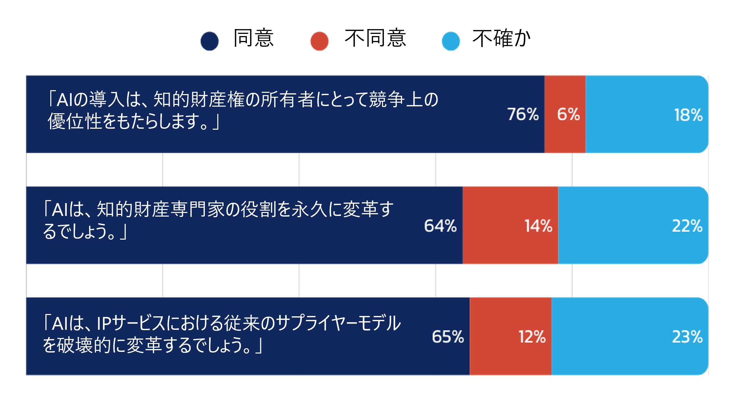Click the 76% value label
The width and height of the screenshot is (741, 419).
[x=523, y=114]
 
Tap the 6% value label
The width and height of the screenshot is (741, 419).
[x=568, y=114]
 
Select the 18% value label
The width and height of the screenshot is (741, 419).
[x=688, y=115]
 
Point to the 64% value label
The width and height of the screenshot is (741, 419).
[x=440, y=226]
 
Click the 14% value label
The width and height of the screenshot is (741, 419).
[x=538, y=226]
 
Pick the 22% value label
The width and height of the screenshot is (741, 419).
[x=687, y=226]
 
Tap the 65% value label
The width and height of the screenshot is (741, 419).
[x=448, y=337]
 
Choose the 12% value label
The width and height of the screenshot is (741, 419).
[x=532, y=337]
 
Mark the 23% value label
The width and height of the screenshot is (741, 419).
[x=687, y=337]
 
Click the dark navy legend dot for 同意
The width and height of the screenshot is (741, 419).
[x=209, y=41]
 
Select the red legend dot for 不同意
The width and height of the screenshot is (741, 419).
[x=319, y=41]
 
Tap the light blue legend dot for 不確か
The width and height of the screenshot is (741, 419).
[x=451, y=41]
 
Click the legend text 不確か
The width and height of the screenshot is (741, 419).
[x=502, y=38]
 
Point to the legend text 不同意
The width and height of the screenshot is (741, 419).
[x=375, y=38]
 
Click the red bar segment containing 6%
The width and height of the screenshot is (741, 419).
[x=565, y=114]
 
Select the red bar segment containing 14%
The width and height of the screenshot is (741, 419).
[x=510, y=225]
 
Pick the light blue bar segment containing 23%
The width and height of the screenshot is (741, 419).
[x=630, y=336]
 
